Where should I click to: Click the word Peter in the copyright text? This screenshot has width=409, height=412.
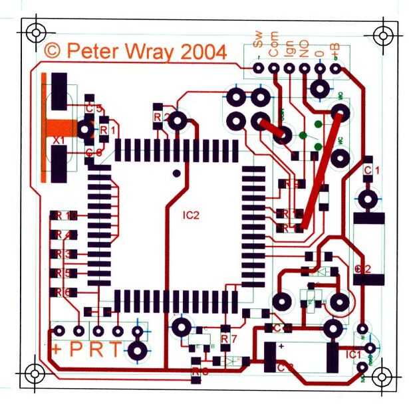pyautogui.click(x=91, y=51)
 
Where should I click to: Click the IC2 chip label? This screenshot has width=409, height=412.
pyautogui.click(x=192, y=215)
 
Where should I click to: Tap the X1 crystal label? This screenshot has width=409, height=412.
pyautogui.click(x=59, y=141)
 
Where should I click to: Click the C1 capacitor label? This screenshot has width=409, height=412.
pyautogui.click(x=372, y=171)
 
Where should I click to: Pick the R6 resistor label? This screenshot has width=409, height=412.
pyautogui.click(x=63, y=292)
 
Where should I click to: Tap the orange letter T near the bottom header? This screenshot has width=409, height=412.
pyautogui.click(x=115, y=350)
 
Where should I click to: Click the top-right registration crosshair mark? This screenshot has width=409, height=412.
pyautogui.click(x=384, y=34)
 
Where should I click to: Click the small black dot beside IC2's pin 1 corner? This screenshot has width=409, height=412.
pyautogui.click(x=176, y=173)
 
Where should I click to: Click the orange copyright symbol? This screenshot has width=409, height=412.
pyautogui.click(x=53, y=51)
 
